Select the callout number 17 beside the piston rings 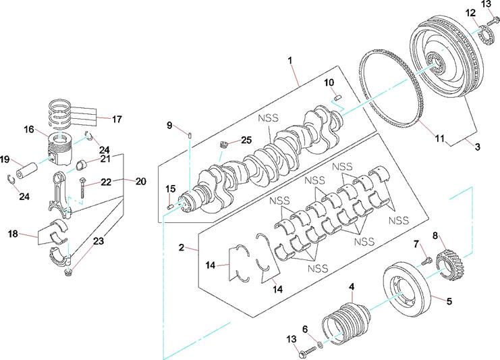pos(117,120)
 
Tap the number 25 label pos(245,140)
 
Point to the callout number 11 pos(439,139)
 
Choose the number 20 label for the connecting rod pos(140,181)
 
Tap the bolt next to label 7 pos(425,259)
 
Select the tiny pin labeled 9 pos(192,138)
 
